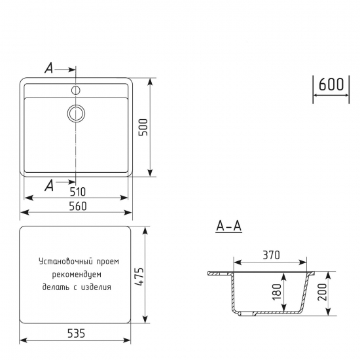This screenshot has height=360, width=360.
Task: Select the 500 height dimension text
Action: (143, 127)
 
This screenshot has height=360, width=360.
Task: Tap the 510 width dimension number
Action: (77, 192)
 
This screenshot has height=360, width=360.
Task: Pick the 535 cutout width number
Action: (76, 334)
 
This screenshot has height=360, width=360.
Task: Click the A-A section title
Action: (229, 226)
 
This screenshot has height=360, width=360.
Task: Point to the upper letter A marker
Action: (48, 68)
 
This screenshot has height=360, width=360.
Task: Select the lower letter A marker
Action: (48, 186)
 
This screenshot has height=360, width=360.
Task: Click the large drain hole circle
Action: (76, 113)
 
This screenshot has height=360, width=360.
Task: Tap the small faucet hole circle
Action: (76, 89)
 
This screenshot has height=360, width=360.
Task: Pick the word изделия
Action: (97, 287)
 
